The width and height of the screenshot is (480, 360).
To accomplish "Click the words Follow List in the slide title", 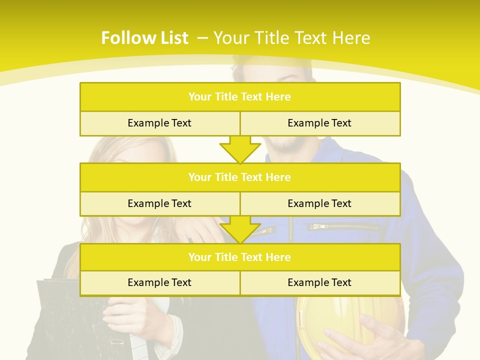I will tap(144, 38).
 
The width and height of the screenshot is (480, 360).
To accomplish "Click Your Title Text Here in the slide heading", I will tap(292, 38).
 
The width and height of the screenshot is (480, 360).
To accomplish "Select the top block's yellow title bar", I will tap(240, 97).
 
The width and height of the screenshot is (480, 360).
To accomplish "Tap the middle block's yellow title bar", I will tap(240, 177).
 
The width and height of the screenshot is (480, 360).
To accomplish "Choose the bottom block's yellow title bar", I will tap(240, 257).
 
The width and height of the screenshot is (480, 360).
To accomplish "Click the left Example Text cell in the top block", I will tap(159, 123).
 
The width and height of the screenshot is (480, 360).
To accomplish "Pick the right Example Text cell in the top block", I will tap(319, 123).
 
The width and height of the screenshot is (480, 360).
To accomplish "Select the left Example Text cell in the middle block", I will tap(159, 203).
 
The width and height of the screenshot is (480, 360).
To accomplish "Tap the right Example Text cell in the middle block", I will tap(319, 203).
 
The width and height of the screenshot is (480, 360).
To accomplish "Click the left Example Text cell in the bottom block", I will tap(159, 282).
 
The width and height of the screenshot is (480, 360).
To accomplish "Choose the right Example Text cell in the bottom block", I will tap(319, 282).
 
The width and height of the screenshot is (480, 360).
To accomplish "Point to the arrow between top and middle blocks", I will tap(240, 149).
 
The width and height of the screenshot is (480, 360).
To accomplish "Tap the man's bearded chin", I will tap(285, 145).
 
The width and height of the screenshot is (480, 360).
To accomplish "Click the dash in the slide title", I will tap(202, 38).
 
